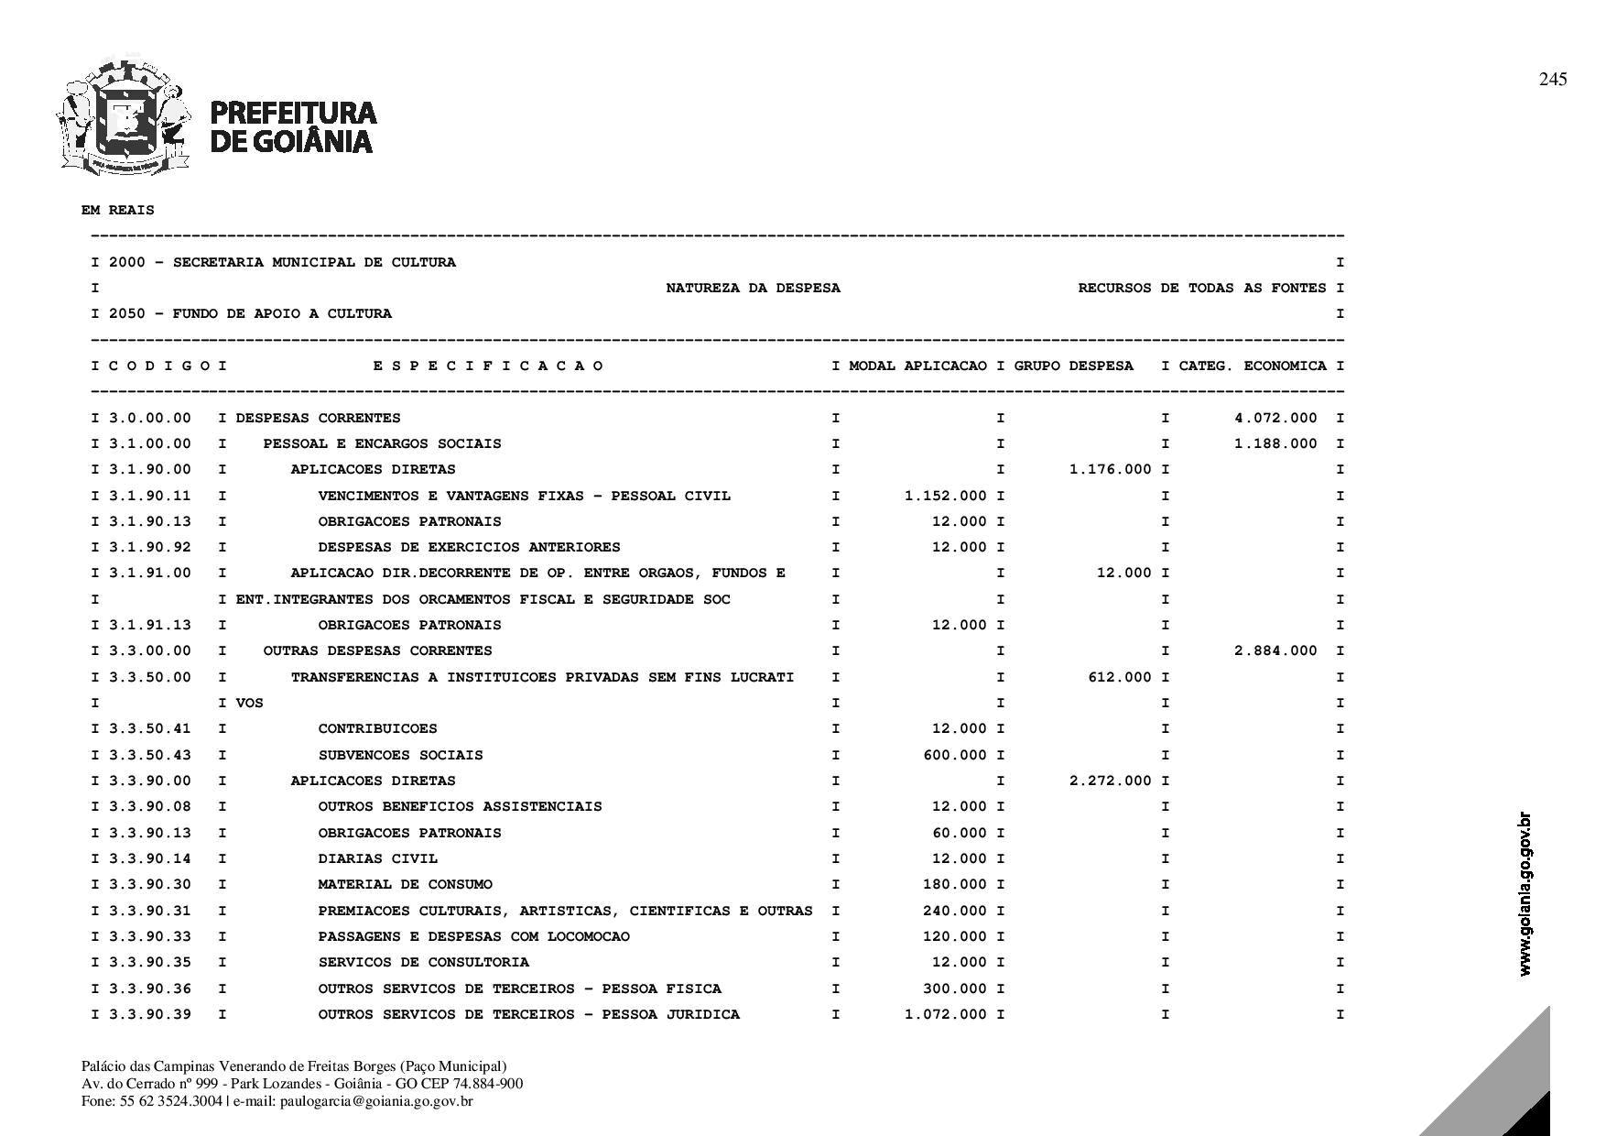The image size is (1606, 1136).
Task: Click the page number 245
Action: tap(1552, 80)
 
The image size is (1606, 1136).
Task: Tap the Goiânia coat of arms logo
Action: tap(124, 117)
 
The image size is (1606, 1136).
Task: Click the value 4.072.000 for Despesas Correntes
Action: tap(1275, 418)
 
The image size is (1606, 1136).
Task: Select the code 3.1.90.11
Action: tap(150, 496)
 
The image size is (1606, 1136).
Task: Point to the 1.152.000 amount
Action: tap(946, 496)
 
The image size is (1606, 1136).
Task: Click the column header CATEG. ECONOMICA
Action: tap(1252, 366)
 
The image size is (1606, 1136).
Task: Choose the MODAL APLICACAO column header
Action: tap(917, 366)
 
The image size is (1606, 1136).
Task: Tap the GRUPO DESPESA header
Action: tap(1073, 366)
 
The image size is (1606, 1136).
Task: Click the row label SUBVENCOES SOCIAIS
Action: tap(400, 755)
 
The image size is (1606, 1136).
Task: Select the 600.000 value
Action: tap(955, 755)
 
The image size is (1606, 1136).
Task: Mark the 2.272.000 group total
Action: tap(1111, 781)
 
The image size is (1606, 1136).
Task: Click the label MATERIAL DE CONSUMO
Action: tap(405, 884)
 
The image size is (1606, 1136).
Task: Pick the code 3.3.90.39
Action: tap(150, 1014)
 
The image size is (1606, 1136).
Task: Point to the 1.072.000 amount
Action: tap(946, 1014)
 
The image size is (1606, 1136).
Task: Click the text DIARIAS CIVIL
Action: tap(377, 858)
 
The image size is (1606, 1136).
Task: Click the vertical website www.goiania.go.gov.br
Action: tap(1525, 894)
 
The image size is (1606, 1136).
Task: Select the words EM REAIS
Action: tap(118, 210)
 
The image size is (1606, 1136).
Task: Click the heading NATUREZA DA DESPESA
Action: tap(753, 288)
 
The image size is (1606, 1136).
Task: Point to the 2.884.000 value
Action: tap(1275, 650)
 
